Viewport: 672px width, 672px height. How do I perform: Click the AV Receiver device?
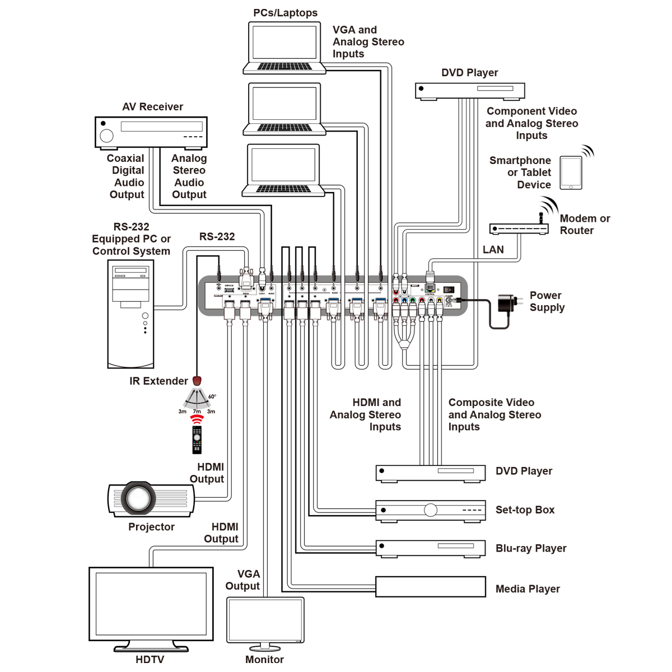pyautogui.click(x=151, y=133)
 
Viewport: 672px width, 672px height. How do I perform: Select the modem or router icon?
pyautogui.click(x=519, y=228)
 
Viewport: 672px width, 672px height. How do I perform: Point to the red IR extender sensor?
pyautogui.click(x=197, y=381)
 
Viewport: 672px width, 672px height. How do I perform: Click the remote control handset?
pyautogui.click(x=197, y=440)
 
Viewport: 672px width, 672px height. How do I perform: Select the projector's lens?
pyautogui.click(x=137, y=498)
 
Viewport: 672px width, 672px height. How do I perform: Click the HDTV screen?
pyautogui.click(x=151, y=603)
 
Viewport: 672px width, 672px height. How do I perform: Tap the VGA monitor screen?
pyautogui.click(x=265, y=619)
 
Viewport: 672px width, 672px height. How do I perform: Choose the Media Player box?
pyautogui.click(x=430, y=587)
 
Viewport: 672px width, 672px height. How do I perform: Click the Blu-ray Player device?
pyautogui.click(x=430, y=548)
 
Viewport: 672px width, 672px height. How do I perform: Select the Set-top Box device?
pyautogui.click(x=430, y=510)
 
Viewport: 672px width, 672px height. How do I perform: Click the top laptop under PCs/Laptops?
pyautogui.click(x=284, y=48)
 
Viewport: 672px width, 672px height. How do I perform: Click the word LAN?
pyautogui.click(x=493, y=250)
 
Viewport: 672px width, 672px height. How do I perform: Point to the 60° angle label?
pyautogui.click(x=212, y=396)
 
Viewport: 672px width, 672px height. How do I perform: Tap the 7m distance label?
pyautogui.click(x=197, y=412)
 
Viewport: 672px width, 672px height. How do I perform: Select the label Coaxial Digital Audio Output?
pyautogui.click(x=127, y=176)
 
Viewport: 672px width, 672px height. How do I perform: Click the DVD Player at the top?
pyautogui.click(x=470, y=90)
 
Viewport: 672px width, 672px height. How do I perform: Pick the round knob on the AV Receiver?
pyautogui.click(x=106, y=135)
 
